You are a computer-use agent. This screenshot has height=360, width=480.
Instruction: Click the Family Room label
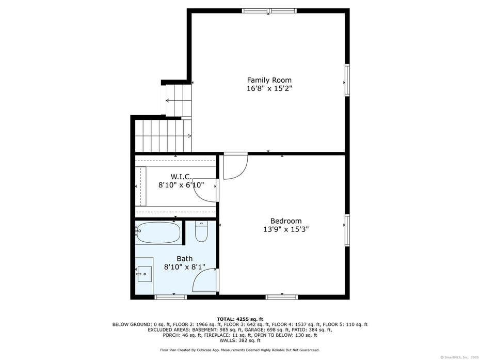tap(269, 80)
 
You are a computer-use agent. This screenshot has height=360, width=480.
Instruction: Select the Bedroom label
tap(286, 221)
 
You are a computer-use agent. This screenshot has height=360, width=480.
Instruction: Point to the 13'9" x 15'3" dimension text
tap(286, 229)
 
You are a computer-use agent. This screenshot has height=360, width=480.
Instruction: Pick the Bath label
tap(184, 259)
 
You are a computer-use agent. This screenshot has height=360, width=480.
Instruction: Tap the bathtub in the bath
tap(159, 232)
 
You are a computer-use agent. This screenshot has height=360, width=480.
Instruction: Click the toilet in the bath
tap(201, 232)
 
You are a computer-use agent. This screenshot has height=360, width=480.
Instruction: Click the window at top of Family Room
tap(269, 10)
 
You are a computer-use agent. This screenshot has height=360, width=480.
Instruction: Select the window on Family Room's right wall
tap(347, 80)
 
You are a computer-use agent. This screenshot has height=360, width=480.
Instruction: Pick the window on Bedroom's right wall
tap(347, 230)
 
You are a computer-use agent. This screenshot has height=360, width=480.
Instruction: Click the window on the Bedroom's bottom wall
tap(282, 297)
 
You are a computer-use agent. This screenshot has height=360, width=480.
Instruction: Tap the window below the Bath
tap(171, 297)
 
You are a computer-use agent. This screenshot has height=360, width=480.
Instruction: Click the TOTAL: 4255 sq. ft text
tap(240, 319)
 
